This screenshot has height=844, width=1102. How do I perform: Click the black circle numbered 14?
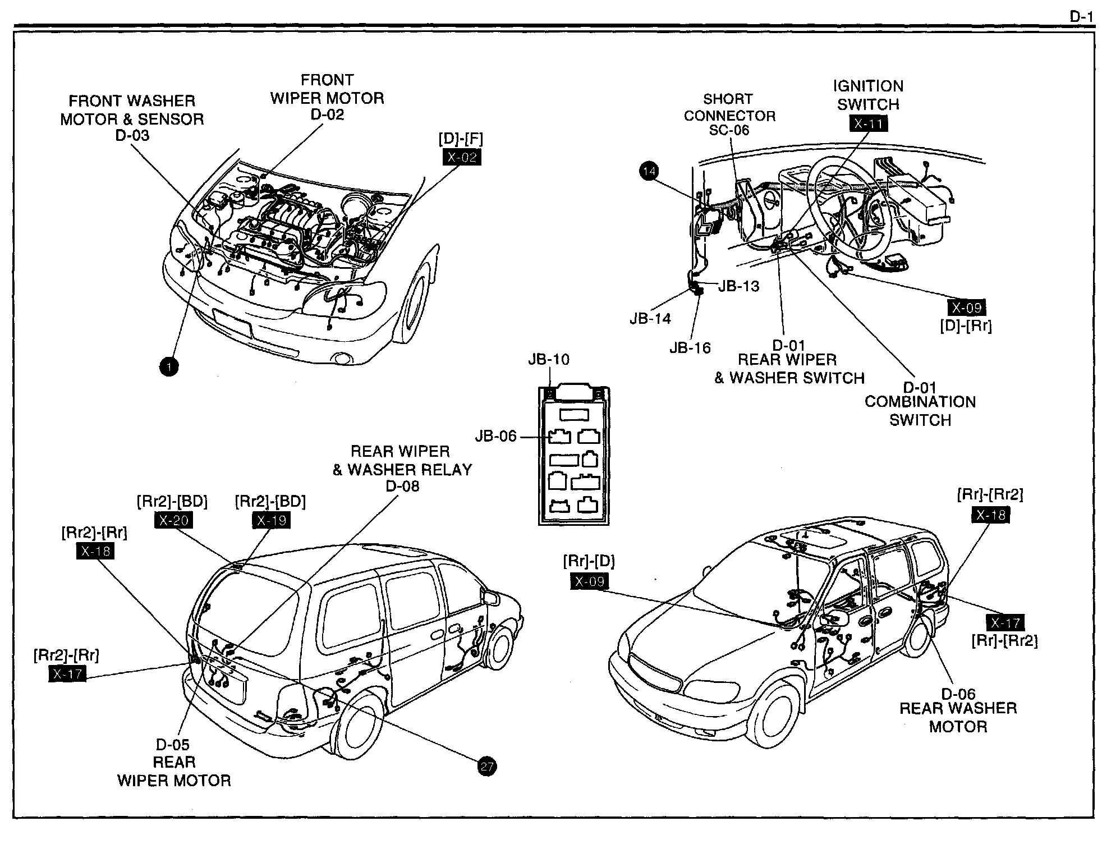[x=649, y=171]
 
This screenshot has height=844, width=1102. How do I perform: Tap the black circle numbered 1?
[x=169, y=366]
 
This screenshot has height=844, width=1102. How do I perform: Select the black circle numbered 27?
[x=486, y=766]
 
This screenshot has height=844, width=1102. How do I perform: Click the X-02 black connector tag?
[x=462, y=157]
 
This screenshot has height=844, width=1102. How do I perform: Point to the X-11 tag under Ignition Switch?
[x=868, y=123]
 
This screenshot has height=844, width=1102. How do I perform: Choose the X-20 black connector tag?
[x=173, y=520]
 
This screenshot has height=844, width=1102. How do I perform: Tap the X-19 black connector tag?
[x=272, y=520]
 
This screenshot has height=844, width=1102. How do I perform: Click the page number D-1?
[x=1081, y=17]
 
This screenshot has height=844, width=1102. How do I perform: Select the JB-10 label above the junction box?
[x=548, y=360]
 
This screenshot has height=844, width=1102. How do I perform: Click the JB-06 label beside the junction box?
[x=495, y=436]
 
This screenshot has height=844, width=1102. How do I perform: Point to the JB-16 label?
[x=690, y=348]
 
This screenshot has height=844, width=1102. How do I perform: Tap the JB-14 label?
[x=650, y=319]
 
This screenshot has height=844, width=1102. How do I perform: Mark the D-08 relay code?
[x=402, y=487]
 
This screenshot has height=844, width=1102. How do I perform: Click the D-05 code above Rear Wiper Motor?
[x=173, y=745]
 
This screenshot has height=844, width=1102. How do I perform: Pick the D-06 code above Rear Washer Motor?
[x=958, y=694]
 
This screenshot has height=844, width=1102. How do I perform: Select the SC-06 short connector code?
[x=728, y=130]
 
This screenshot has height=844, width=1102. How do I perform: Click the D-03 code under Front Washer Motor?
[x=132, y=135]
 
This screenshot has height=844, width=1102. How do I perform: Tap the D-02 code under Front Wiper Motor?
[x=327, y=114]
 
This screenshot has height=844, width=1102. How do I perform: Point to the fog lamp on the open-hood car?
[x=341, y=357]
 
